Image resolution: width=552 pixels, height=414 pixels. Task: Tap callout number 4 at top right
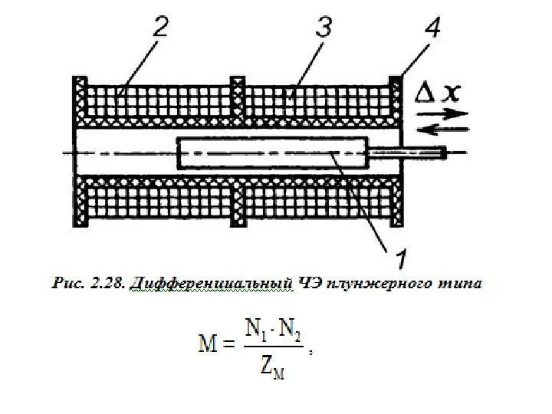tap(432, 31)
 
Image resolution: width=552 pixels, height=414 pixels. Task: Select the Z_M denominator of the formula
tap(271, 368)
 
